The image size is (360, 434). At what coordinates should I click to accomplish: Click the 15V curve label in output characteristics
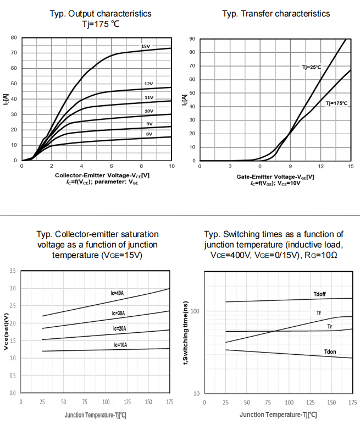point(146,47)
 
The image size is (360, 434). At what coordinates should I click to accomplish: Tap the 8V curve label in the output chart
point(149,134)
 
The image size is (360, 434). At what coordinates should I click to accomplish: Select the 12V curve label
point(148,84)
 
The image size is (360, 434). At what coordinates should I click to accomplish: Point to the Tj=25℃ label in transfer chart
point(311,67)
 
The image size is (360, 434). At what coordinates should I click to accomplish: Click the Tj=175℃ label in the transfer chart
point(336,103)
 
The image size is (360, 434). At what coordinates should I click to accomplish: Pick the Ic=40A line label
point(117,293)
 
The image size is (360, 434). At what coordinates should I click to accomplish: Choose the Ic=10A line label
point(120,345)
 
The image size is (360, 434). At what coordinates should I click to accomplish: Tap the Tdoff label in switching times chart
point(319,294)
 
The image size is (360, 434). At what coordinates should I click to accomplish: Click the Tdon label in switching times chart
point(330,351)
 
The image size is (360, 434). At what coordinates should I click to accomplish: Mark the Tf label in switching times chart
point(318,312)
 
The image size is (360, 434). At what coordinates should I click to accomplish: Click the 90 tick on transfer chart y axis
point(192,39)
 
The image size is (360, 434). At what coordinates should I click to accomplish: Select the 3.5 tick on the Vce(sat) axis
point(13,271)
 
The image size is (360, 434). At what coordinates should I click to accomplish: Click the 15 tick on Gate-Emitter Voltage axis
point(351,166)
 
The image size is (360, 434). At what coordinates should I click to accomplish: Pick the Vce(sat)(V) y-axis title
point(6,332)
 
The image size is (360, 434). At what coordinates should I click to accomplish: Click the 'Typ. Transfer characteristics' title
point(276,13)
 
